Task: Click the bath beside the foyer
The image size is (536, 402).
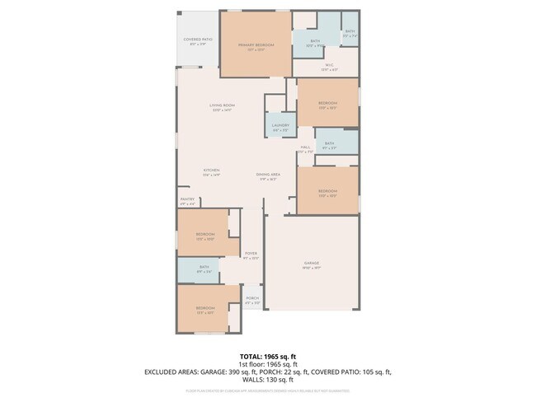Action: [205, 269]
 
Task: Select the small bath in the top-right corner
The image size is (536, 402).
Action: [350, 34]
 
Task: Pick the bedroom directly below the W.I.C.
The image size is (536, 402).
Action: [327, 105]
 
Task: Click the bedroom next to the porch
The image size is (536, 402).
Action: [205, 310]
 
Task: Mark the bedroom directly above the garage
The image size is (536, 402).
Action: [327, 193]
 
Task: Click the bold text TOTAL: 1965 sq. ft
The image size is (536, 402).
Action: [267, 355]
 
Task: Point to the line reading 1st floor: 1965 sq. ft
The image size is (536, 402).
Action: [267, 363]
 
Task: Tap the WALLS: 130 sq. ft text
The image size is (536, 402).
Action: [267, 380]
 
